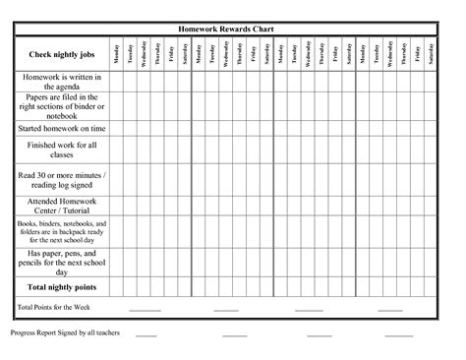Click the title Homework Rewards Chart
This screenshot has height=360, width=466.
click(x=232, y=29)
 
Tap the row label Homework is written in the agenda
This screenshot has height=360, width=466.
click(x=61, y=82)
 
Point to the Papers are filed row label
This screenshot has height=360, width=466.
click(x=61, y=106)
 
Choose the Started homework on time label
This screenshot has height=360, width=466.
click(x=61, y=129)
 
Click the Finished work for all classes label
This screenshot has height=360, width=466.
click(x=61, y=150)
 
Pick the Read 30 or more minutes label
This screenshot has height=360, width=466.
click(x=61, y=179)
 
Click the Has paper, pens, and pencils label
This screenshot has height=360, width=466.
click(x=61, y=261)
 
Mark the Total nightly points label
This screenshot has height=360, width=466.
click(x=61, y=286)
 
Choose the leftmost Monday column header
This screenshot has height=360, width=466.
click(x=116, y=55)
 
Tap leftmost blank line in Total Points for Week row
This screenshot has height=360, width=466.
click(x=144, y=311)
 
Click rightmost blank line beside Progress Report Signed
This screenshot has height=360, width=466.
click(x=398, y=336)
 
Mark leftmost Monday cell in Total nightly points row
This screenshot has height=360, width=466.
click(x=116, y=286)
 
